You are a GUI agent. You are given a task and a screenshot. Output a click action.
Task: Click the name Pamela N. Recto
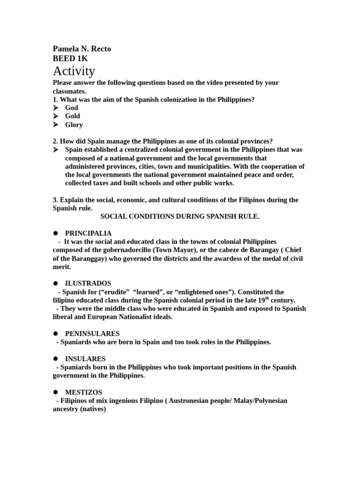pyautogui.click(x=82, y=49)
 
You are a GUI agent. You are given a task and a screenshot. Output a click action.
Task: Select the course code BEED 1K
pyautogui.click(x=70, y=59)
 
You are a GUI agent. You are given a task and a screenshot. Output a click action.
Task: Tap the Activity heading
pyautogui.click(x=74, y=71)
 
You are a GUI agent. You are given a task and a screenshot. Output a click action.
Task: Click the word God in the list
pyautogui.click(x=72, y=108)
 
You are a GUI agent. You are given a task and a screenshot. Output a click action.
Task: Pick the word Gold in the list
pyautogui.click(x=73, y=116)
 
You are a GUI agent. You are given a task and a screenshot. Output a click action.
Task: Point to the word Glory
pyautogui.click(x=74, y=125)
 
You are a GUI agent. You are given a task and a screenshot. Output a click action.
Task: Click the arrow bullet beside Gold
pyautogui.click(x=56, y=116)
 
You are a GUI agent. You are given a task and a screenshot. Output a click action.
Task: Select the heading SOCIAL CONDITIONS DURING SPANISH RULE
pyautogui.click(x=180, y=217)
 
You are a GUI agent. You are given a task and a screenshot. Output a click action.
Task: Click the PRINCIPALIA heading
pyautogui.click(x=88, y=233)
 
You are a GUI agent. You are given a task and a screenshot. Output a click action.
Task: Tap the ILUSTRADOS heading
pyautogui.click(x=88, y=284)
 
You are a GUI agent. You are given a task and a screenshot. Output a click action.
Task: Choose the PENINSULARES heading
pyautogui.click(x=92, y=334)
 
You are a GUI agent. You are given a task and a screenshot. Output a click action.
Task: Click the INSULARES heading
pyautogui.click(x=85, y=359)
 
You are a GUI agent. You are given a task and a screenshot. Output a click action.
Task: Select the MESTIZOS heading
pyautogui.click(x=83, y=392)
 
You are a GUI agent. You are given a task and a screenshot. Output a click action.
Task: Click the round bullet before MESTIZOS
pyautogui.click(x=55, y=392)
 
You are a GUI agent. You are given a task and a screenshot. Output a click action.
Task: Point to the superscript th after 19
pyautogui.click(x=267, y=298)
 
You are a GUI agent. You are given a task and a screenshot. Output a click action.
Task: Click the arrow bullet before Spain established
pyautogui.click(x=56, y=150)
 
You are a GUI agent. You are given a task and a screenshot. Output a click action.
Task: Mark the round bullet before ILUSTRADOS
pyautogui.click(x=55, y=284)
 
